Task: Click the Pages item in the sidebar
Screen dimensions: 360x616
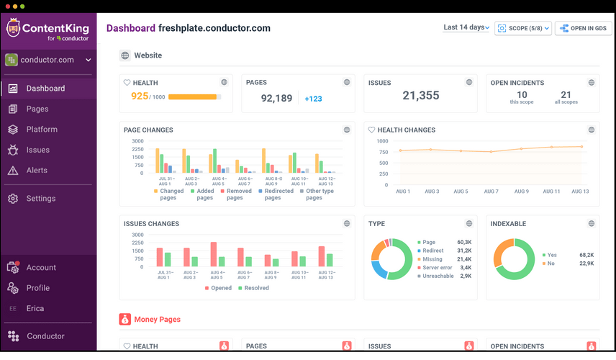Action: [37, 109]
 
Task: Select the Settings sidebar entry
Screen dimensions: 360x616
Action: [40, 199]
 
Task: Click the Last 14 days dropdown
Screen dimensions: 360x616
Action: [466, 27]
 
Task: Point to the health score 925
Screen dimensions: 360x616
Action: [139, 96]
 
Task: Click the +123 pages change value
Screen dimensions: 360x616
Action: [313, 99]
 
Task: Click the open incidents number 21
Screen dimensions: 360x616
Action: [566, 95]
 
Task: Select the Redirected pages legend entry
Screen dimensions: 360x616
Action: [278, 194]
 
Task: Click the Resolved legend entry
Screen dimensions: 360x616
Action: [255, 288]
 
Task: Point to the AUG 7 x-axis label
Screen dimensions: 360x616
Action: [491, 192]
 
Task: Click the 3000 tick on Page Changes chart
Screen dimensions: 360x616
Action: [137, 140]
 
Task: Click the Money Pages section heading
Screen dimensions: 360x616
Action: [157, 319]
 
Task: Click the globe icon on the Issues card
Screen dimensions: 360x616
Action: [469, 83]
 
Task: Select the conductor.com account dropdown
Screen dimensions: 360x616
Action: [48, 60]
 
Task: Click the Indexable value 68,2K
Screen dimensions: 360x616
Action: [586, 255]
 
